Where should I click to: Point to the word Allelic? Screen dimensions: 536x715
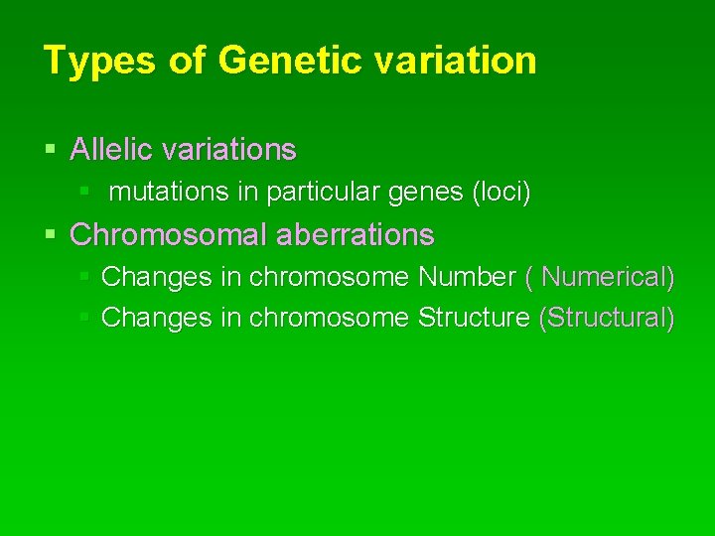coord(111,150)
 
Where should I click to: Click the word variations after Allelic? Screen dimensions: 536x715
coord(228,150)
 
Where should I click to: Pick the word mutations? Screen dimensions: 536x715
coord(170,193)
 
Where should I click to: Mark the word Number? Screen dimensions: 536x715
coord(467,277)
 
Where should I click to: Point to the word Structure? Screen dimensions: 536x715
coord(475,318)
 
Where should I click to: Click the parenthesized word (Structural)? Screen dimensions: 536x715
coord(606,318)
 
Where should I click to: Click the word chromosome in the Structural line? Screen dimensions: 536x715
coord(329,318)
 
